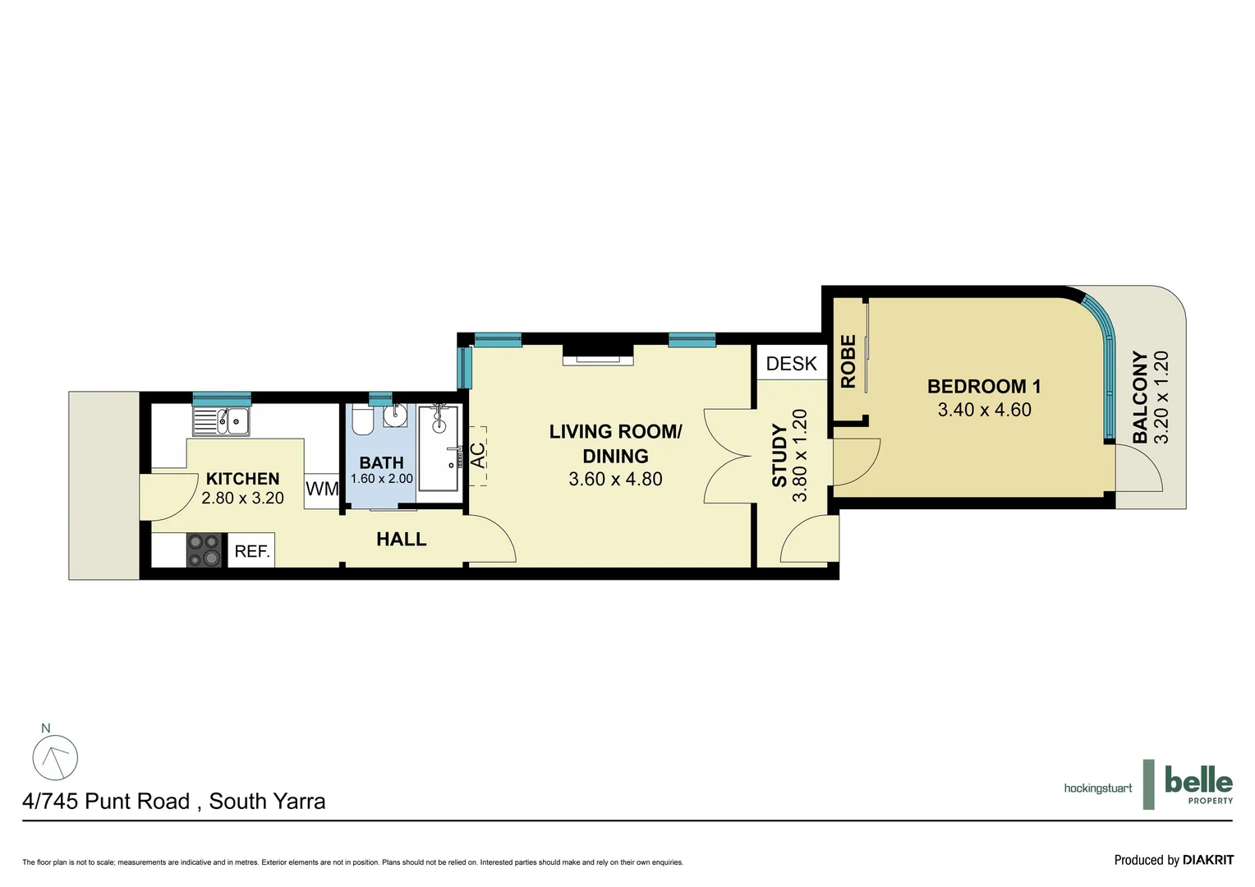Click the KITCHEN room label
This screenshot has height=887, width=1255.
(x=242, y=479)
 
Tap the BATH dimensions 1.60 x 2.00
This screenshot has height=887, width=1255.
(x=381, y=479)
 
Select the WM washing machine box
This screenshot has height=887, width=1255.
(x=322, y=489)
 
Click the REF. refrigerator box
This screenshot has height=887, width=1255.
(x=251, y=551)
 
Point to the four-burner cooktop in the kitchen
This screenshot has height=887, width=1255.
(x=205, y=550)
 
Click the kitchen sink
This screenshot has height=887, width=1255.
(x=222, y=422)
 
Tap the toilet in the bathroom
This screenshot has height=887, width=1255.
(x=362, y=421)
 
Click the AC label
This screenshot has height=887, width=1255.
(x=477, y=455)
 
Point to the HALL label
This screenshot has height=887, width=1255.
(x=401, y=540)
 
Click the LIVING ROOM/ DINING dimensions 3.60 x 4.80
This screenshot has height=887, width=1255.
(x=615, y=480)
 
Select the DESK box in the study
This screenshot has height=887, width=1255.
(x=791, y=364)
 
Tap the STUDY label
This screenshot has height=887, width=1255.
(x=779, y=456)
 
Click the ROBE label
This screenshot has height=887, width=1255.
(x=848, y=361)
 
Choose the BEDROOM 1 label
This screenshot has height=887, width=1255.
(x=984, y=386)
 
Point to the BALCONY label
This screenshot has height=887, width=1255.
(x=1140, y=398)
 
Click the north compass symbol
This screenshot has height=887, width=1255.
(x=55, y=756)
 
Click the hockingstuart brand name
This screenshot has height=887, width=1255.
(x=1097, y=788)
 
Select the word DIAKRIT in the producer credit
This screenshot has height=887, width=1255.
(x=1207, y=860)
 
